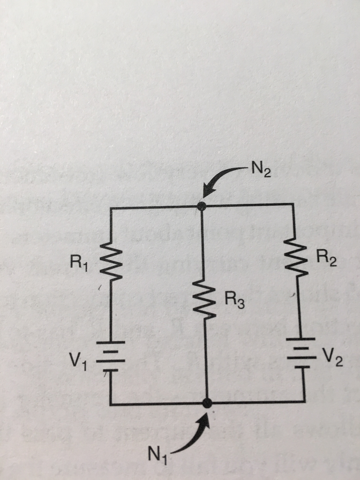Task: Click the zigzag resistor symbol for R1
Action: [111, 263]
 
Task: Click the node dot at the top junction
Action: [202, 206]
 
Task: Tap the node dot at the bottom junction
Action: [206, 403]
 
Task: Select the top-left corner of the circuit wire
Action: [111, 207]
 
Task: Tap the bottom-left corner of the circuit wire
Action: [112, 403]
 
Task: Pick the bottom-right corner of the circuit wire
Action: [305, 401]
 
